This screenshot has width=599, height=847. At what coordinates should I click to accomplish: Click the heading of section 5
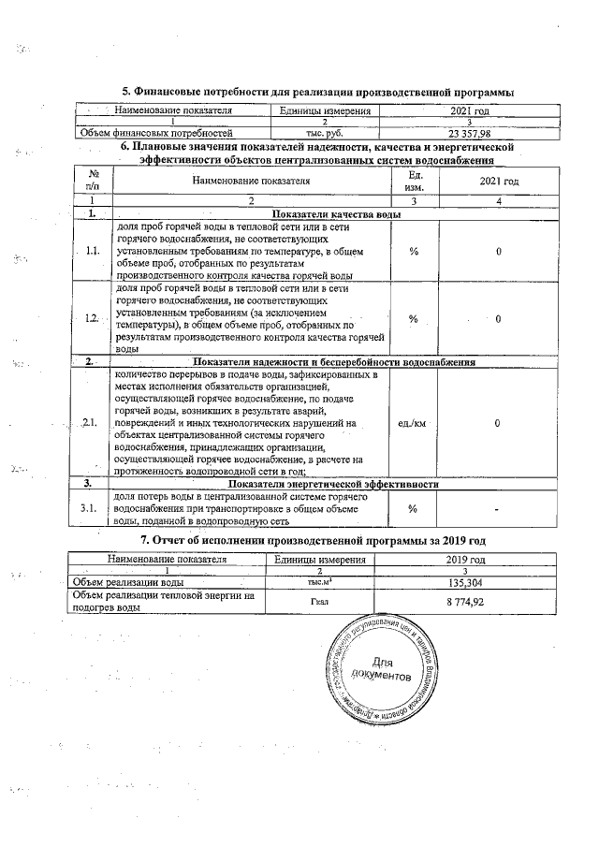click(318, 92)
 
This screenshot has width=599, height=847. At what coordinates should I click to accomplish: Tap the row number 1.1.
click(92, 251)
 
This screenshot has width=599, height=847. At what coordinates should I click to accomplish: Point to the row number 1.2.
click(92, 319)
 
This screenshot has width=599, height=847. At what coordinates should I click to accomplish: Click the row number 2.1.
click(92, 423)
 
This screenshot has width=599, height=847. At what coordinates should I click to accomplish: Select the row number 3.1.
click(92, 507)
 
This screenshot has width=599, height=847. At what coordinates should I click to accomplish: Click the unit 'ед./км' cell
click(412, 423)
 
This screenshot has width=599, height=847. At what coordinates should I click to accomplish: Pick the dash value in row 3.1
click(498, 507)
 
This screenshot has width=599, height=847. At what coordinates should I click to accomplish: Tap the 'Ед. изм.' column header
click(416, 180)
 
